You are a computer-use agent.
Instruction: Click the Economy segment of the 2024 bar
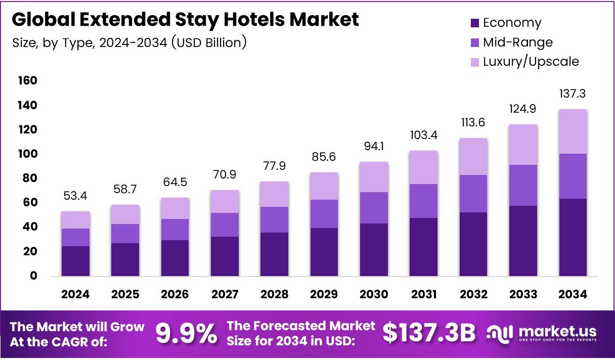[x=76, y=261]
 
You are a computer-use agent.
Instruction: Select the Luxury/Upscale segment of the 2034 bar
[x=573, y=131]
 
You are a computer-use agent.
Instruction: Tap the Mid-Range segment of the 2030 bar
[x=374, y=208]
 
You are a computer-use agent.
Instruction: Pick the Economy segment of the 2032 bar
[x=473, y=244]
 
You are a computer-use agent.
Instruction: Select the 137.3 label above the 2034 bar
[x=573, y=94]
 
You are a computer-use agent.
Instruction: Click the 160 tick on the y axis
[x=28, y=81]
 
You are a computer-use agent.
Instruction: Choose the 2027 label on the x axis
[x=225, y=294]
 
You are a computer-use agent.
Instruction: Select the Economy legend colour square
[x=474, y=23]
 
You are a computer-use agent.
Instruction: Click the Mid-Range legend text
[x=518, y=42]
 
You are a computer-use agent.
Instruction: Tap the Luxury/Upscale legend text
[x=531, y=62]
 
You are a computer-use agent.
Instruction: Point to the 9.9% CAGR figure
[x=186, y=333]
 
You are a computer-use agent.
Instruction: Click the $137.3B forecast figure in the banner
[x=429, y=333]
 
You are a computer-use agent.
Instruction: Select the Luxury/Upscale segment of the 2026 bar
[x=175, y=208]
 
